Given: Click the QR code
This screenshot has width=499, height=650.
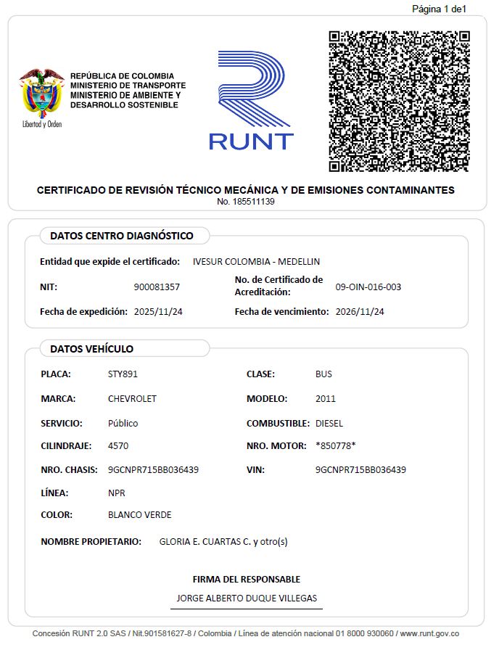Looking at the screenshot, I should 399,101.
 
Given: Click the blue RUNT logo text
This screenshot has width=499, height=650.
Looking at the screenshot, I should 251,141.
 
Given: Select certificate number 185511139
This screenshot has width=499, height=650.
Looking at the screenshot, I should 245,202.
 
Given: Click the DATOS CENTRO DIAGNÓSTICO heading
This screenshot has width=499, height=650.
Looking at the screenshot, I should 121,236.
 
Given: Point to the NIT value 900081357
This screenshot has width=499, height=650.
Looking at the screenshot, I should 157,287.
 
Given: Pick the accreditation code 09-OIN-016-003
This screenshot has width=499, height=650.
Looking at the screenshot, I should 368,287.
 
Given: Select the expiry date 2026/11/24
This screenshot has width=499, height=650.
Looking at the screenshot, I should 360,312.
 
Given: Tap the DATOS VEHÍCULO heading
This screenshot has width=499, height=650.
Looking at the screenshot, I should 91,349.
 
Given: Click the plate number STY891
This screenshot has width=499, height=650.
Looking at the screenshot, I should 123,374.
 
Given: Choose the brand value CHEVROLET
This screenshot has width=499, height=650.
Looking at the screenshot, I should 132,399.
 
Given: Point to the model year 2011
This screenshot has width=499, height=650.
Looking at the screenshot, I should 326,399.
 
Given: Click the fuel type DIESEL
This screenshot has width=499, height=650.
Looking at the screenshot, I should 329,423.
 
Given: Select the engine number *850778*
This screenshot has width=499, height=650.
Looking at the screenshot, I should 336,445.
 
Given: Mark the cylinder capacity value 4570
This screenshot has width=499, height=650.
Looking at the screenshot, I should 118,445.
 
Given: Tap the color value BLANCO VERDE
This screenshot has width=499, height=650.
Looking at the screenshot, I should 139,515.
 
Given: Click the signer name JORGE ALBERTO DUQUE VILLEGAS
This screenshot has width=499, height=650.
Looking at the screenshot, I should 246,598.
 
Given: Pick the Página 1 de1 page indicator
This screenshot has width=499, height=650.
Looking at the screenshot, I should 439,9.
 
